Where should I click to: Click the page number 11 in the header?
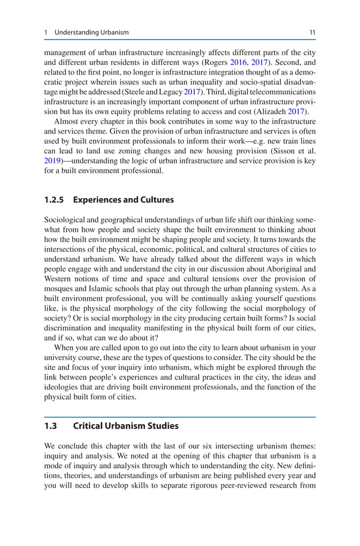(x=312, y=33)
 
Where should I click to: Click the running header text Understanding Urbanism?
(x=91, y=33)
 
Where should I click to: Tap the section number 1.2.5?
(x=55, y=200)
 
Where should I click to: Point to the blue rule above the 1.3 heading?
(x=180, y=417)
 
